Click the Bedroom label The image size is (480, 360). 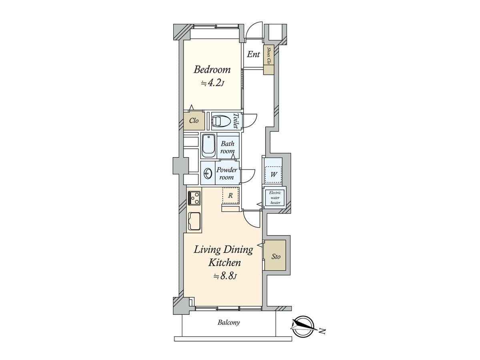(212, 70)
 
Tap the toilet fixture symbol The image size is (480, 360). (221, 121)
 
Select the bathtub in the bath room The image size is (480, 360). (208, 146)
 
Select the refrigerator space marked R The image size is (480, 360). (230, 196)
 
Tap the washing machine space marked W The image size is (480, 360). (273, 175)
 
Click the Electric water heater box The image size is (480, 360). (275, 198)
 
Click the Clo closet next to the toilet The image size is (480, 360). (194, 121)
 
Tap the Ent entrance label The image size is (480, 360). (253, 54)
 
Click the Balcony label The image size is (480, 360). (228, 322)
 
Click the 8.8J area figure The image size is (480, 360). (225, 276)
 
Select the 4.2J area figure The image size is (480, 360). (213, 83)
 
